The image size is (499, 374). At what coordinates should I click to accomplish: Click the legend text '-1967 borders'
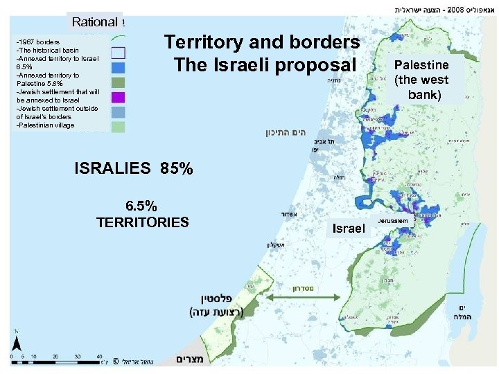coord(38,42)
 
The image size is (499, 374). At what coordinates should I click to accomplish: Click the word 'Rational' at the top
coord(94,21)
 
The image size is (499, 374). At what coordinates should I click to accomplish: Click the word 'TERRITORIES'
coord(142,222)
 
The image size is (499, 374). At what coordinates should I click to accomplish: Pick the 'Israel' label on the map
coord(349,228)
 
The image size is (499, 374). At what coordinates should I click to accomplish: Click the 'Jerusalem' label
coord(393,220)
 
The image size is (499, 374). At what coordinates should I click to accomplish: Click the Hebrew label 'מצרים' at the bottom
coord(189,359)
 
